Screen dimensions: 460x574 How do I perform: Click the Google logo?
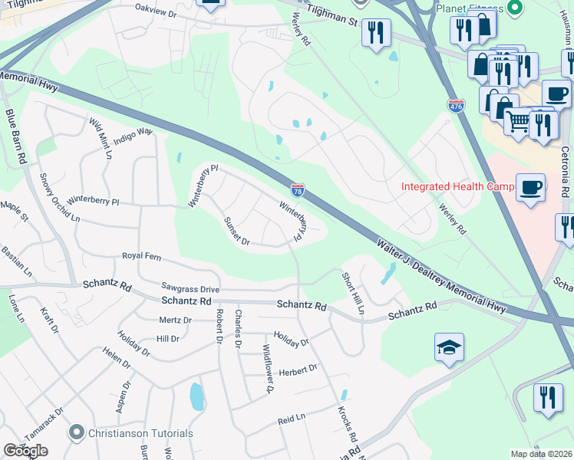pos(25,451)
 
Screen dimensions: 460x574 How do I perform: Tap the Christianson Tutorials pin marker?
pos(75,432)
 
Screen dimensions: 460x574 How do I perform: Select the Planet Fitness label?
pos(469,8)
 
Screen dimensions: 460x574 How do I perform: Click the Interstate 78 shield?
pos(298,189)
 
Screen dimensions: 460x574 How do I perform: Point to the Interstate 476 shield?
pos(456,106)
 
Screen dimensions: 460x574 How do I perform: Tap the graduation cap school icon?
pos(449,348)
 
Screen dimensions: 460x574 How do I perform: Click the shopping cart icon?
pos(519,120)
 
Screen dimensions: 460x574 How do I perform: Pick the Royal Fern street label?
pos(145,256)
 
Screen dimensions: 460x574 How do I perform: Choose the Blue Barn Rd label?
pos(15,138)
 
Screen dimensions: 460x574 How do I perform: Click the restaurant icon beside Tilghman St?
pos(375,33)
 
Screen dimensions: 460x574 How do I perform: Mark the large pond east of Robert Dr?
pos(196,397)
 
